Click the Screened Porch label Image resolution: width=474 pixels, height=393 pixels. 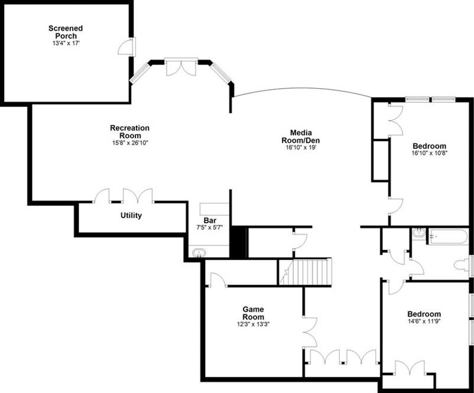[x=66, y=32]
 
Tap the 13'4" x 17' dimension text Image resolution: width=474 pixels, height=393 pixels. [x=66, y=43]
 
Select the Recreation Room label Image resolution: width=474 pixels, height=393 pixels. [x=129, y=132]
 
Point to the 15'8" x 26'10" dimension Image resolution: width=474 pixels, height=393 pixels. [x=129, y=143]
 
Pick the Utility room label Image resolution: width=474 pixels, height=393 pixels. [x=131, y=216]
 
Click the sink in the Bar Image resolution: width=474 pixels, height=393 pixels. [x=198, y=253]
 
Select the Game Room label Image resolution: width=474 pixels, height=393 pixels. [x=253, y=313]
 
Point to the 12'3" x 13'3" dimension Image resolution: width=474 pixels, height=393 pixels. [x=253, y=324]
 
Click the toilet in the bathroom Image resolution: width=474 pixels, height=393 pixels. [x=463, y=265]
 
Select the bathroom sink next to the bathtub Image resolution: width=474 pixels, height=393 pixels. [x=420, y=233]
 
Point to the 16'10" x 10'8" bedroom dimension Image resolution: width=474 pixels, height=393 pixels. [x=429, y=154]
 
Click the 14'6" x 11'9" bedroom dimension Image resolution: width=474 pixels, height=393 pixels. [x=424, y=322]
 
